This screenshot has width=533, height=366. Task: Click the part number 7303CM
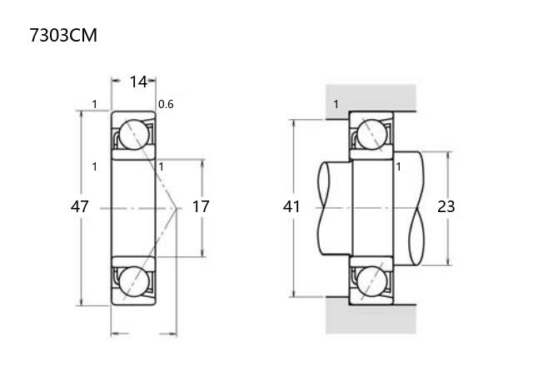click(x=63, y=35)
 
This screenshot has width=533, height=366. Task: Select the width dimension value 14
click(x=138, y=82)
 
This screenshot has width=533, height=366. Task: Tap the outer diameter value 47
click(x=80, y=206)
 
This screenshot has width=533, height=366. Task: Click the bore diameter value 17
click(x=201, y=206)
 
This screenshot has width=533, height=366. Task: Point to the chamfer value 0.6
click(x=166, y=104)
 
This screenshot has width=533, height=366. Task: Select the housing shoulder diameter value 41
click(x=291, y=206)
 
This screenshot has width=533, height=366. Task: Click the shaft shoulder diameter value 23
click(x=446, y=206)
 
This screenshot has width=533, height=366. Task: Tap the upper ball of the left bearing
click(x=134, y=135)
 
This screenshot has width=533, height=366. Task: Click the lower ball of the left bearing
click(x=134, y=281)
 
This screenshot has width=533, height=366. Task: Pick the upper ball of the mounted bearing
click(x=372, y=135)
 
